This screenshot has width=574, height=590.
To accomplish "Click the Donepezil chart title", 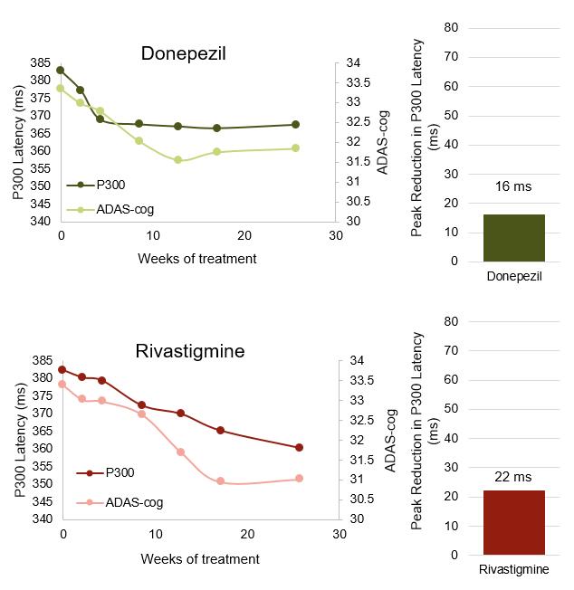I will [x=183, y=53].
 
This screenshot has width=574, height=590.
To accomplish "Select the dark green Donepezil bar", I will [x=513, y=238].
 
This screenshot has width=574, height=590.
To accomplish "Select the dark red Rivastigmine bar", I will [x=513, y=522].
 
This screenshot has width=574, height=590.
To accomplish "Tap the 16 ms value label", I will [x=513, y=186].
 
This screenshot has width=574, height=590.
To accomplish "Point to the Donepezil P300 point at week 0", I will [x=61, y=70].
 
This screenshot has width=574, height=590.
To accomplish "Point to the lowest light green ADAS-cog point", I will [x=177, y=160].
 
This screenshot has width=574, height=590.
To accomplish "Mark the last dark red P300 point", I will [x=299, y=447].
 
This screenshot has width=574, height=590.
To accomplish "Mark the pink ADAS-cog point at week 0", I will [x=62, y=384].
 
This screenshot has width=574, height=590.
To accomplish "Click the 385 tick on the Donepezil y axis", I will [x=41, y=62].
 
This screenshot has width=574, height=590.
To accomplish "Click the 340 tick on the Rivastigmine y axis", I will [x=43, y=519].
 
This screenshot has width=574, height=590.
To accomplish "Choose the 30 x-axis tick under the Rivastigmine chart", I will [x=340, y=534].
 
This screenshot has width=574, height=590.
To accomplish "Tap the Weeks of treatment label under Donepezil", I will [x=196, y=259].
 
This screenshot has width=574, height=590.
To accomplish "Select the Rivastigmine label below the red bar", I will [x=513, y=570].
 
